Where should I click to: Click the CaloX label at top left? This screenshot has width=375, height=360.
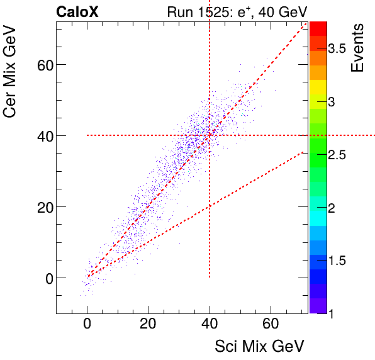[77, 12]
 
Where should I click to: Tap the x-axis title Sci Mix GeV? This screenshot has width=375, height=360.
[260, 346]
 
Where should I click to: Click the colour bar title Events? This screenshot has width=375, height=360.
[357, 47]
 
